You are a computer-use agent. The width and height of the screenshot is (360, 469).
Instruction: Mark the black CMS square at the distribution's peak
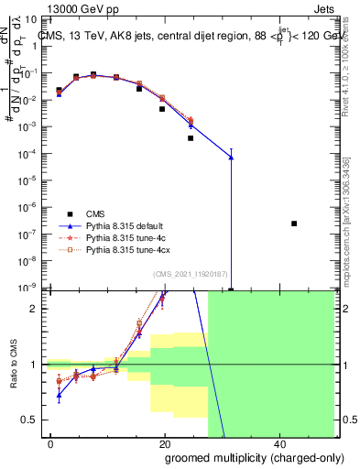(x=93, y=74)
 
